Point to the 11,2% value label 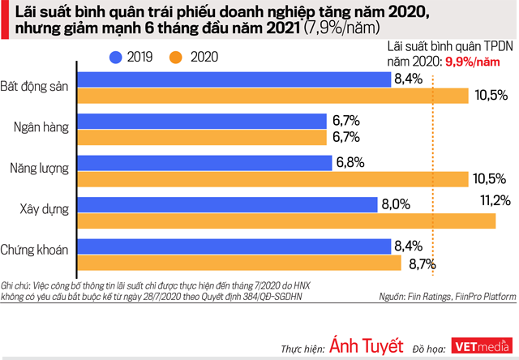click(494, 200)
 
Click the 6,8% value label click(350, 162)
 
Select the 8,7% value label click(422, 264)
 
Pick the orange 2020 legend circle click(175, 57)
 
